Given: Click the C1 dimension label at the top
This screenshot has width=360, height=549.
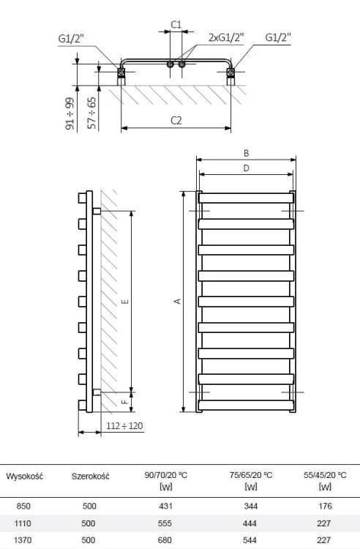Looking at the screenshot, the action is pos(176,24).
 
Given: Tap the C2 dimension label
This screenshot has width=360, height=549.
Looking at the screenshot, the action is pos(176,121).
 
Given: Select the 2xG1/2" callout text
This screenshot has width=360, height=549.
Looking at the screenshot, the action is pos(226,37).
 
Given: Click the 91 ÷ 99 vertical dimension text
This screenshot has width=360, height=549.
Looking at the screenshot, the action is pos(70,113).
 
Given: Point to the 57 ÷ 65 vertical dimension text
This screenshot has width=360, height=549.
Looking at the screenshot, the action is pos(91,113).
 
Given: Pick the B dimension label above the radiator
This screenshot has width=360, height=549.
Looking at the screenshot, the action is pos(247,153).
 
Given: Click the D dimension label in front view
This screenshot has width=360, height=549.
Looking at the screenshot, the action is pos(247,168).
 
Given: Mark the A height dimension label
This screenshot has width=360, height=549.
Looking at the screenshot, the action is pos(178,301).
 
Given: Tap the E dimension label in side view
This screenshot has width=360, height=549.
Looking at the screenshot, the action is pos(126,302).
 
